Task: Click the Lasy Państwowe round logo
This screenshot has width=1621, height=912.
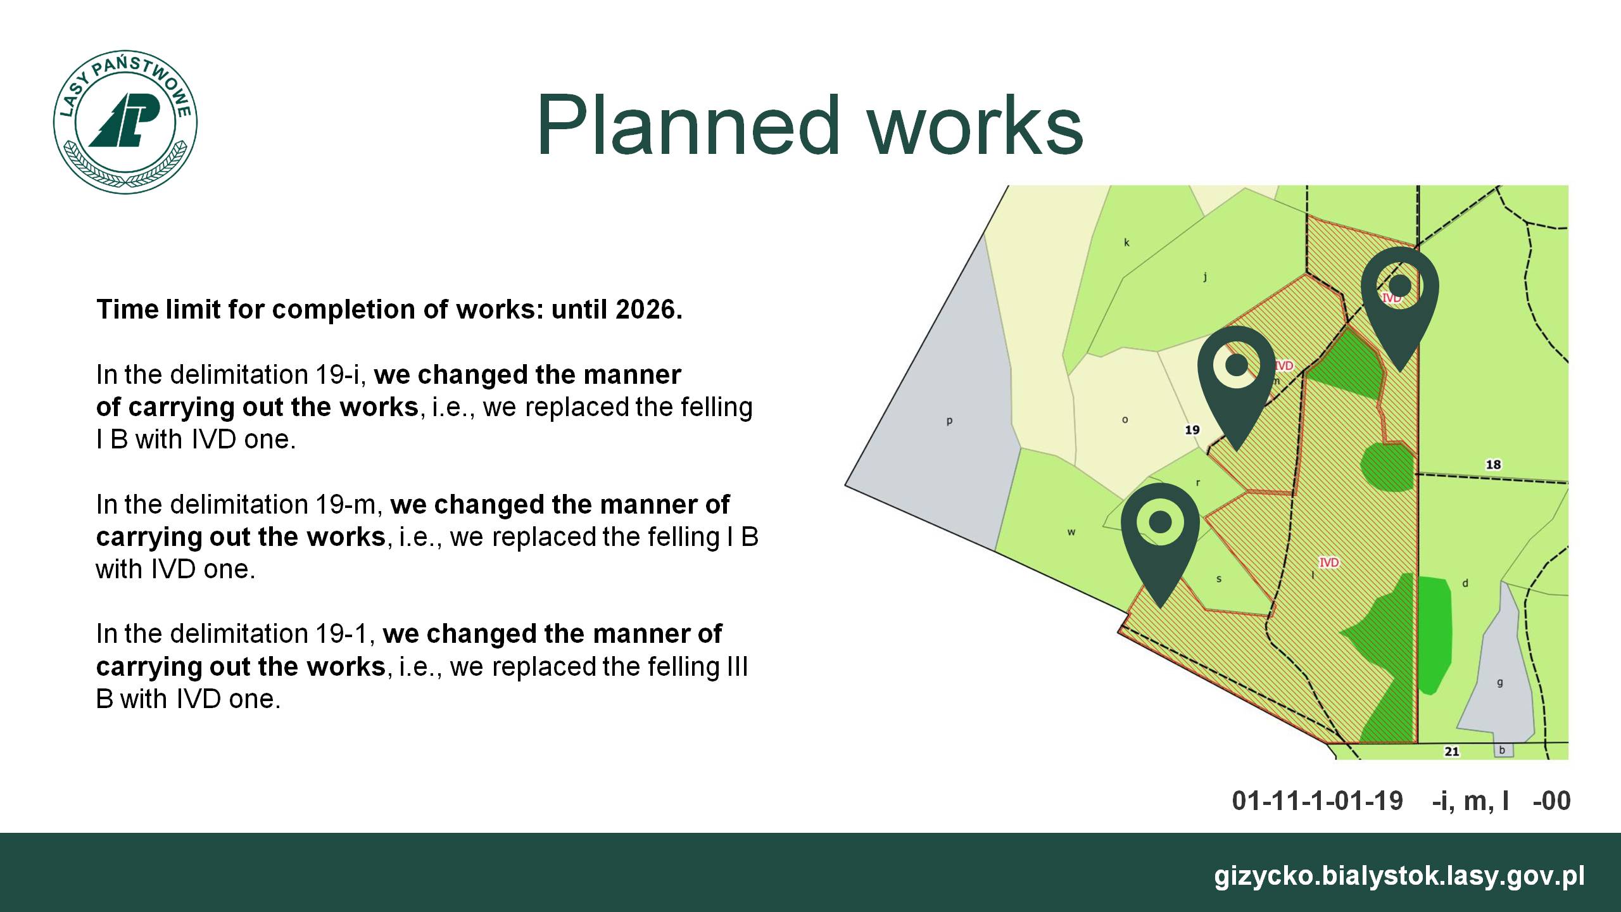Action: pyautogui.click(x=125, y=122)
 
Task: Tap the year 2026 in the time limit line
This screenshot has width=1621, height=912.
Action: pyautogui.click(x=646, y=310)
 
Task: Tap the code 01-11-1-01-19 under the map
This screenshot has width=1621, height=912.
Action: pyautogui.click(x=1318, y=801)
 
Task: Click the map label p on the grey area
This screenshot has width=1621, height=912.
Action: pyautogui.click(x=949, y=421)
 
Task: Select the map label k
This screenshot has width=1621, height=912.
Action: pyautogui.click(x=1126, y=243)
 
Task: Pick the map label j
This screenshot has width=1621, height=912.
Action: pyautogui.click(x=1205, y=276)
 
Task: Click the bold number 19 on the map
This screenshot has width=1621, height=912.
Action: pyautogui.click(x=1192, y=430)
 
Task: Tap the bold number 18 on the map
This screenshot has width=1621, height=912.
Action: pyautogui.click(x=1493, y=465)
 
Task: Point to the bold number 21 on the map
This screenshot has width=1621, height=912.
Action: pyautogui.click(x=1452, y=752)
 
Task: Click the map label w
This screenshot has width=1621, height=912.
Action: pyautogui.click(x=1071, y=532)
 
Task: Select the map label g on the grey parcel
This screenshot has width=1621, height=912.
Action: pyautogui.click(x=1499, y=683)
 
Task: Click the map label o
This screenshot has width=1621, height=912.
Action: pyautogui.click(x=1125, y=420)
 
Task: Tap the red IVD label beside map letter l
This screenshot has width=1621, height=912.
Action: pyautogui.click(x=1329, y=562)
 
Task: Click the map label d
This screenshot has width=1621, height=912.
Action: pyautogui.click(x=1465, y=583)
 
